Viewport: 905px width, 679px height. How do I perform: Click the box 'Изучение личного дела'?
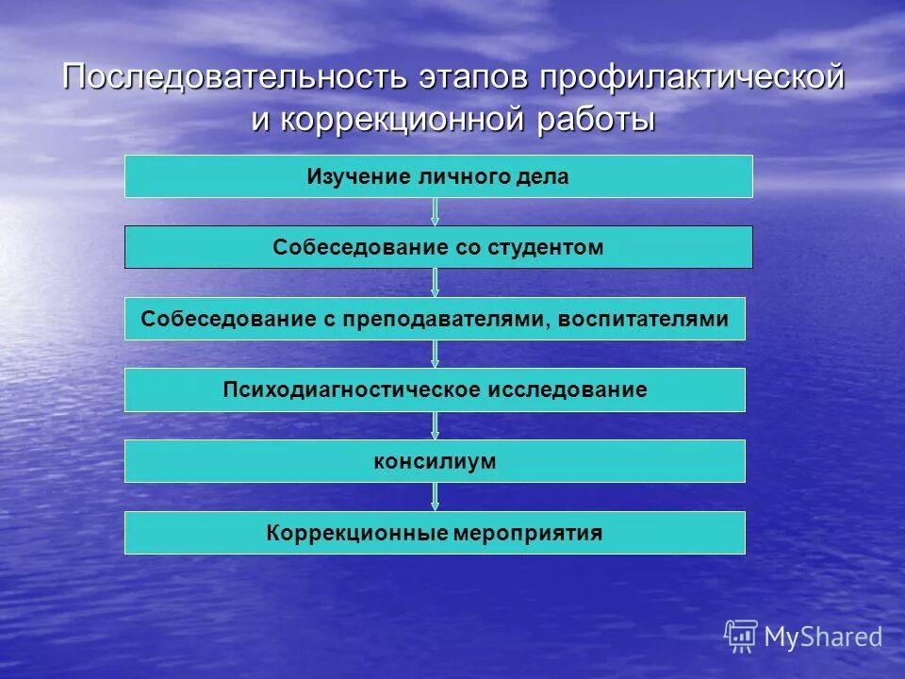[438, 176]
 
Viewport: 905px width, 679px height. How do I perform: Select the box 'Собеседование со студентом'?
[438, 247]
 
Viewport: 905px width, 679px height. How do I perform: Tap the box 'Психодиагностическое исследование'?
[435, 389]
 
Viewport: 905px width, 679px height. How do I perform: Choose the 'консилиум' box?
[435, 461]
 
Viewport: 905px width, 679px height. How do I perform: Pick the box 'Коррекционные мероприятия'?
[435, 533]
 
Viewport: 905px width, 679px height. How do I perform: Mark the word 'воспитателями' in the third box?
[643, 319]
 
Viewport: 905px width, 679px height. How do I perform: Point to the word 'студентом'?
[545, 247]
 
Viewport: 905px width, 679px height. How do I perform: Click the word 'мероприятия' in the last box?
[529, 533]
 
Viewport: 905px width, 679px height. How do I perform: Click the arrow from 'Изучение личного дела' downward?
[435, 211]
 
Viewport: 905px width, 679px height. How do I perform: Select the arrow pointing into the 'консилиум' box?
[435, 425]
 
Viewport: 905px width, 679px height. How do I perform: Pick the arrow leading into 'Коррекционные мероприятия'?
[435, 497]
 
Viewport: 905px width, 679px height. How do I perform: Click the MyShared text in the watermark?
[823, 637]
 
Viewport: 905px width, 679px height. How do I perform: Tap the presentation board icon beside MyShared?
[741, 636]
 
